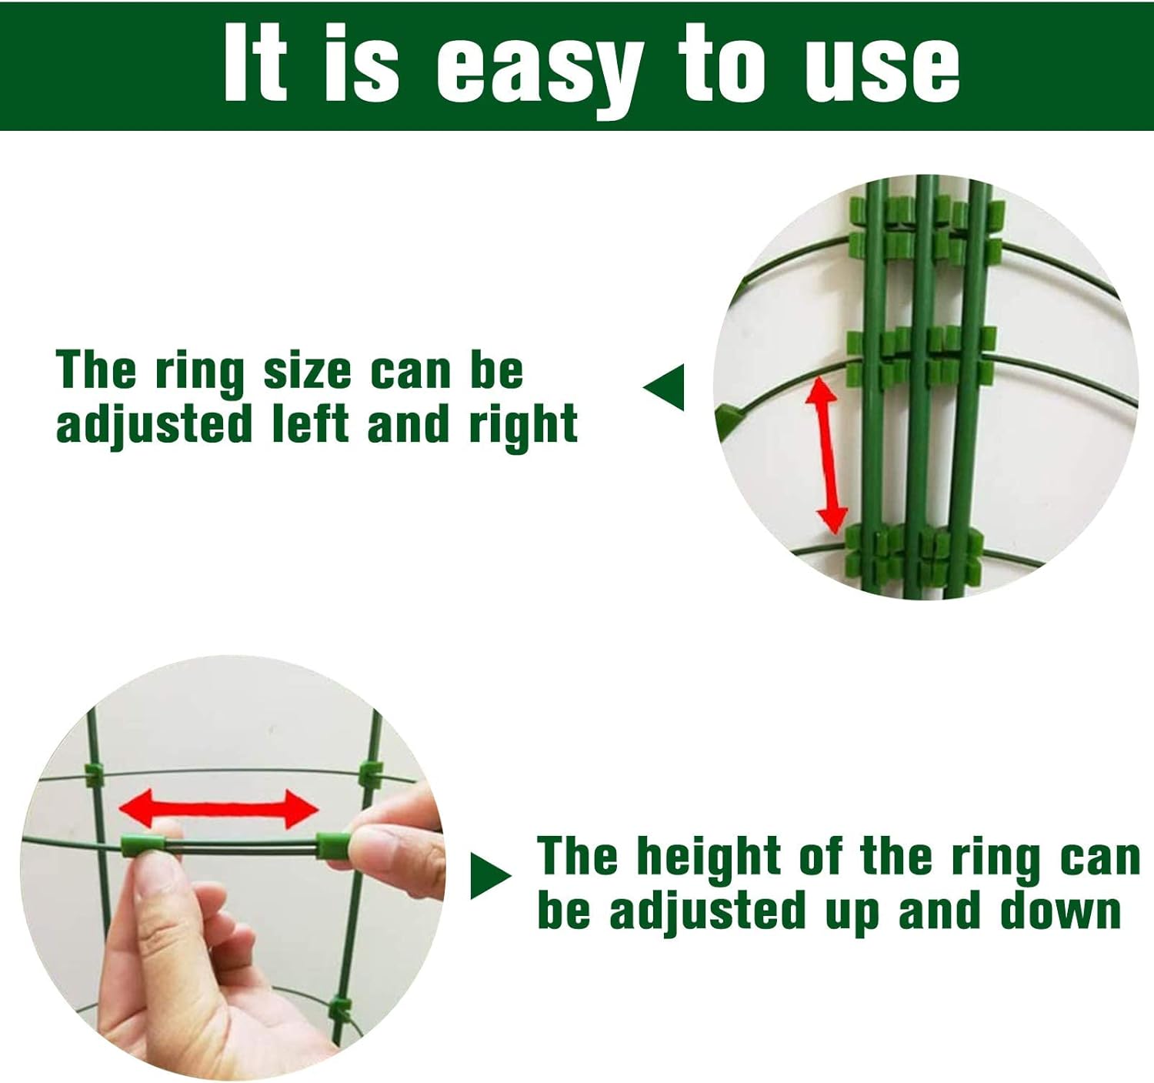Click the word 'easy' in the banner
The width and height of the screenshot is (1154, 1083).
coord(539,68)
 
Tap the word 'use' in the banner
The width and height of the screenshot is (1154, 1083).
coord(882,68)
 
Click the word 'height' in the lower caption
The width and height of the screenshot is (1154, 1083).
coord(709,857)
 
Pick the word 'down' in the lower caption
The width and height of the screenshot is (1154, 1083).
coord(1061,911)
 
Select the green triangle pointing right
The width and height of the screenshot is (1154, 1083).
coord(489,876)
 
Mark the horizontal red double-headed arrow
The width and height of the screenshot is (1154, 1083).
coord(218,809)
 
